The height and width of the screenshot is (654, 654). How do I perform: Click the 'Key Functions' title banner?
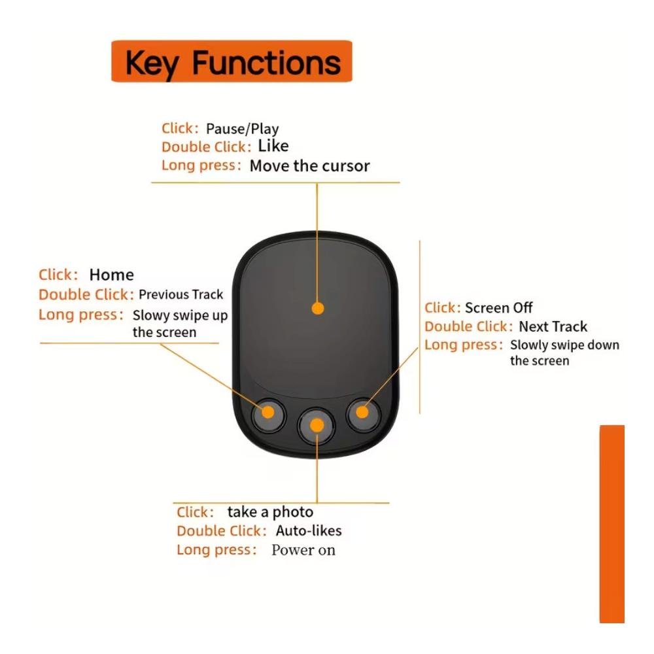(232, 61)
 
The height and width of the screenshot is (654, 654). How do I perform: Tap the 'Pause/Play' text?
(243, 129)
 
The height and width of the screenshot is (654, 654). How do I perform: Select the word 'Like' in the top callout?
(273, 146)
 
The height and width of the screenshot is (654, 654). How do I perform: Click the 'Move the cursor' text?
(309, 165)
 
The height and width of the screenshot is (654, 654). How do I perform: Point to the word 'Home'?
(111, 275)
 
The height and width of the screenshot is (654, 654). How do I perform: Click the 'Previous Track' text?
(181, 294)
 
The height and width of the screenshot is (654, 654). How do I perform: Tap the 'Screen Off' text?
(498, 307)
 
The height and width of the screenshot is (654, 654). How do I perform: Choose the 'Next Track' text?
(553, 326)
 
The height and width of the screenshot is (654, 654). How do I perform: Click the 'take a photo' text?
(270, 512)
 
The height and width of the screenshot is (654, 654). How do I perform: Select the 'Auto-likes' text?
(309, 530)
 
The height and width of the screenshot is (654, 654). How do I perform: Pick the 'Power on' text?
(303, 550)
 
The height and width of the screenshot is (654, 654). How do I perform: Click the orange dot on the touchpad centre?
(318, 308)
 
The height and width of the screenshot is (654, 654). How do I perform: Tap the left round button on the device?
(268, 415)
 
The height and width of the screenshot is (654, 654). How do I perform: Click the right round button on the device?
(363, 414)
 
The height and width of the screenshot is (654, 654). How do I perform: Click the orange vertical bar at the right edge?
(612, 524)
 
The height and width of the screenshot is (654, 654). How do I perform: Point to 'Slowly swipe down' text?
(564, 345)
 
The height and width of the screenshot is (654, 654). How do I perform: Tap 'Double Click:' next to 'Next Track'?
(468, 326)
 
